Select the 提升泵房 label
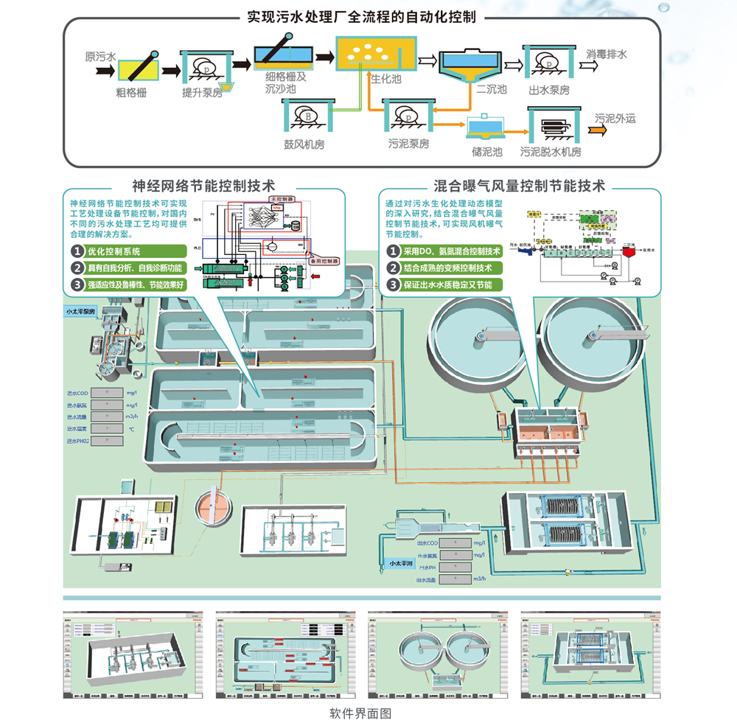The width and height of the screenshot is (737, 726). click(x=203, y=93)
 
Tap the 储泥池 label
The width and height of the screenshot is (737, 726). click(x=487, y=152)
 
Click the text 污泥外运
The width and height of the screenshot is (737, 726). click(x=615, y=118)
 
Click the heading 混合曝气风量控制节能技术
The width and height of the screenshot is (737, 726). click(x=520, y=186)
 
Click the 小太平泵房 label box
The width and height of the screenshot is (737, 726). click(x=83, y=313)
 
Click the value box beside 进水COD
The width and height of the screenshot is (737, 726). click(x=106, y=393)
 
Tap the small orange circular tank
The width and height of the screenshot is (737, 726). click(x=212, y=508)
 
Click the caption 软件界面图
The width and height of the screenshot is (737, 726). click(x=360, y=713)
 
